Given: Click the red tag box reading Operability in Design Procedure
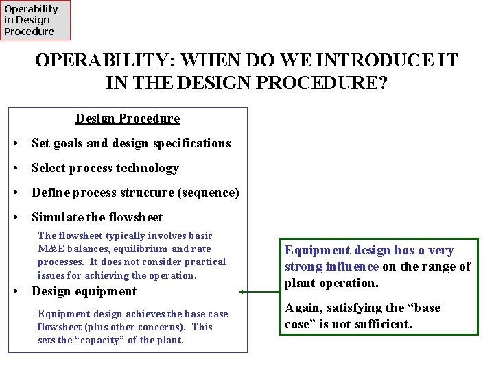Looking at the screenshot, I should (35, 20).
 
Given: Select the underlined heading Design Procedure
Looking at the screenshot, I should (128, 119).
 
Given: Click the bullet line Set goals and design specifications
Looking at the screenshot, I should (131, 143).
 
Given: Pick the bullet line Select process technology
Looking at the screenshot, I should (105, 168).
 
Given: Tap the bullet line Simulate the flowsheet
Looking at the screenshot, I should (97, 217).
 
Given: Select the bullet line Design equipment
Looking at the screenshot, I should (84, 291).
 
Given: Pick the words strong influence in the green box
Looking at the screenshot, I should (332, 267).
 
